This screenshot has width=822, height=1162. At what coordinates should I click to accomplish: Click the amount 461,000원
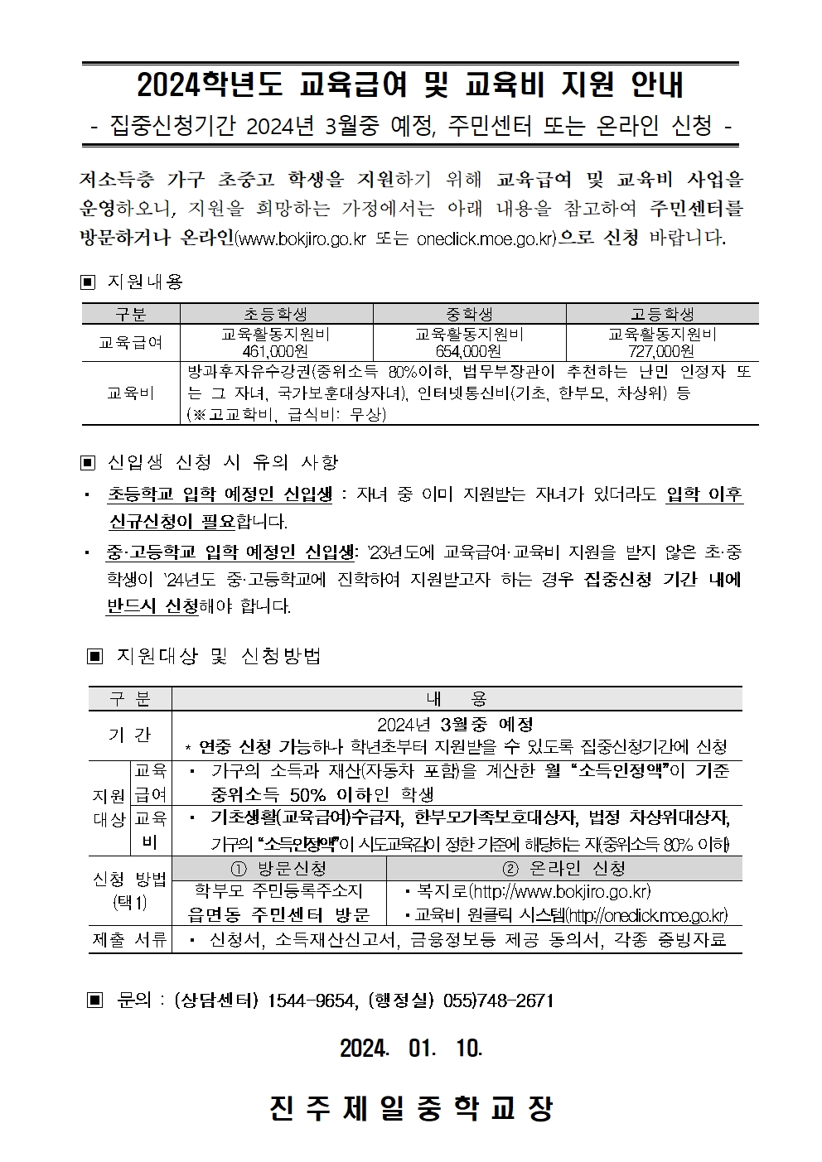276,351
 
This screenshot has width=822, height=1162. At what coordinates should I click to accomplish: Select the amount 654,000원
469,351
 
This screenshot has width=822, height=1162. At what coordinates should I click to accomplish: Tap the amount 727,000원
662,351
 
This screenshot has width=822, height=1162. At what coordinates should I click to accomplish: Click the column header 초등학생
276,314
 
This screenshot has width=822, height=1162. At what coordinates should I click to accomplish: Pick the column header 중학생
469,314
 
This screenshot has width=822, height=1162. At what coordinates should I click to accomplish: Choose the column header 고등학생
662,314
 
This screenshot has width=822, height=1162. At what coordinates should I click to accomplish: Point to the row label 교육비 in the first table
130,393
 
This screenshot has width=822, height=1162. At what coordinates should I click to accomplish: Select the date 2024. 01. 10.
411,1048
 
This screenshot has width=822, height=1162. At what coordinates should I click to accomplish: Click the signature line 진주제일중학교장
411,1108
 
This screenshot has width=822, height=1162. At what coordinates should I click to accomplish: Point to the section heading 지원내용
145,282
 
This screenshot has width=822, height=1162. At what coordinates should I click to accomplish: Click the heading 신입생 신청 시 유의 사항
223,461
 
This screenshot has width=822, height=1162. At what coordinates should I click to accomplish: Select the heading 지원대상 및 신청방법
218,656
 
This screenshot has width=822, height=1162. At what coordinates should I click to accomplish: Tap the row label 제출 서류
129,939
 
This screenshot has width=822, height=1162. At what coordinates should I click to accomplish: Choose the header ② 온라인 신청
563,868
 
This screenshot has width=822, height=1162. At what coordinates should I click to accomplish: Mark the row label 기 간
129,735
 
